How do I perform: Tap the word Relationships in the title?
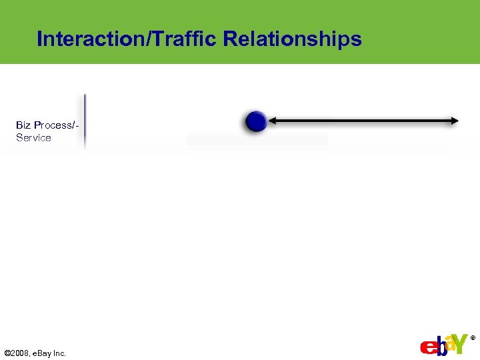coord(292,39)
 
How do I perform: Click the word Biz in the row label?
coord(24,125)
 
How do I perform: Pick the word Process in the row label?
coord(55,125)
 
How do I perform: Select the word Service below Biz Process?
coord(33,138)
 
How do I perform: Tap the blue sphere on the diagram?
coord(256,121)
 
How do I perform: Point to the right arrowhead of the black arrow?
coord(455,121)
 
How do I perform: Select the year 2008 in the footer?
coord(22,353)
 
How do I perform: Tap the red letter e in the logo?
coord(427,348)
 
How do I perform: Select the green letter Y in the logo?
coord(461,343)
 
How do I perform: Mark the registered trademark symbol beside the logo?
coord(473,338)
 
